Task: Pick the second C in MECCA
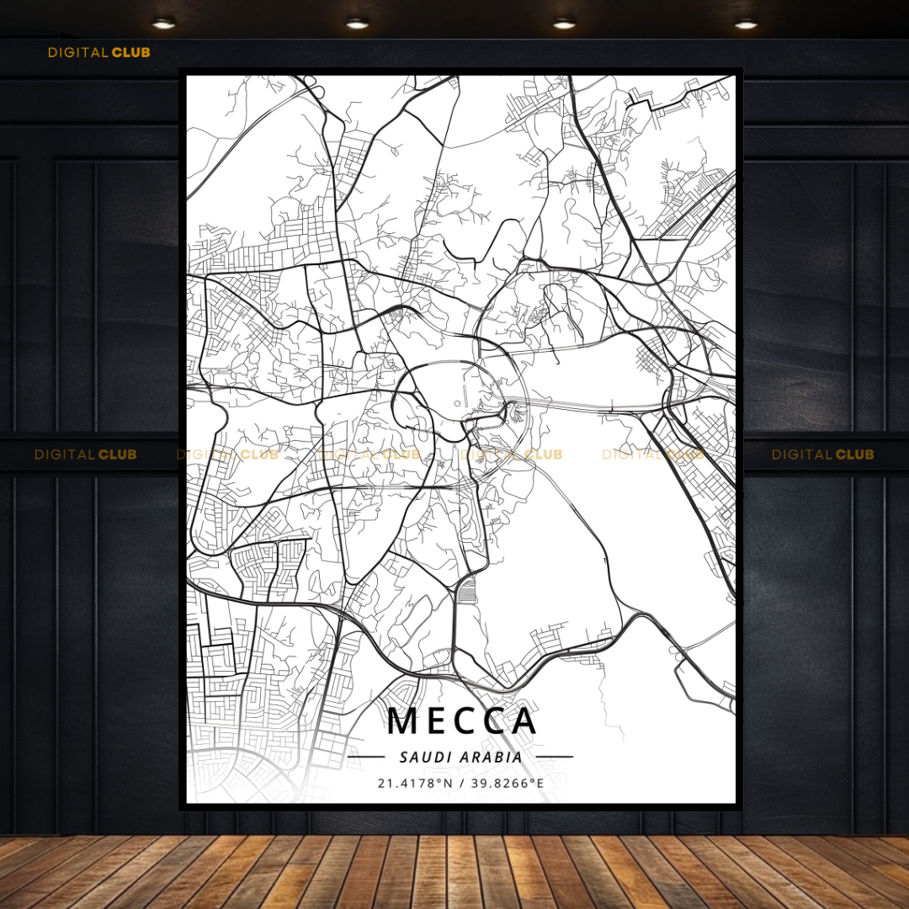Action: (495, 721)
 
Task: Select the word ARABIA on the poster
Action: (491, 757)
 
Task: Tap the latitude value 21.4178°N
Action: (415, 784)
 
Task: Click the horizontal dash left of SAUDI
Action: (366, 757)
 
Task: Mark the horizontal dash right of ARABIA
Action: (554, 757)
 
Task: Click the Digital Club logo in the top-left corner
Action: (98, 52)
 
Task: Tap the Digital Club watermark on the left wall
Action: (85, 454)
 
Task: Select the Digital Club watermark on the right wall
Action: (822, 454)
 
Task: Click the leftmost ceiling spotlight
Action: (163, 24)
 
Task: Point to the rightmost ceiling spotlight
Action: (746, 24)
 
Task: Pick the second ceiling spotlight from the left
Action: (357, 24)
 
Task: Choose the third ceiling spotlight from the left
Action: (564, 24)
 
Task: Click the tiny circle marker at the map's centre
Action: (457, 403)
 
